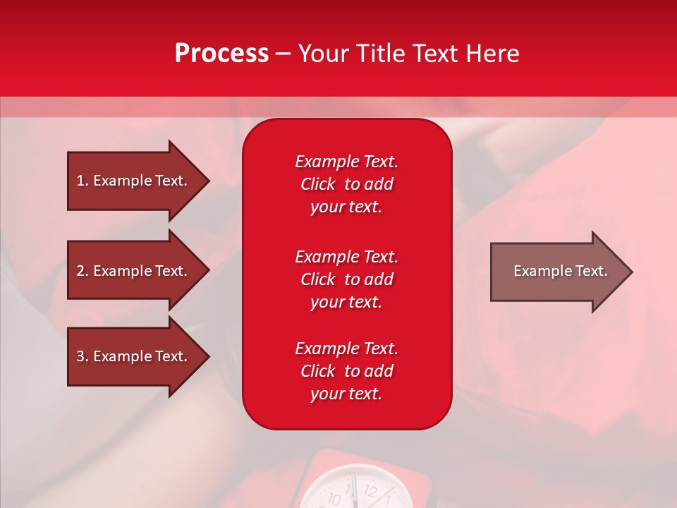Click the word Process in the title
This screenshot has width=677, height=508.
[221, 54]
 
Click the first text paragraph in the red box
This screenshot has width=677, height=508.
[346, 184]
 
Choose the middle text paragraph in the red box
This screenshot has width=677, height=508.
[346, 279]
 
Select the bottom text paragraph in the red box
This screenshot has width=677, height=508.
[346, 371]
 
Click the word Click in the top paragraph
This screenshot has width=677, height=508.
[317, 184]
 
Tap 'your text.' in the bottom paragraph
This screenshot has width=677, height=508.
[346, 394]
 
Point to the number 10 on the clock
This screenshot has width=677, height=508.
[335, 499]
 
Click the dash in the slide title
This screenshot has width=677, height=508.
[283, 54]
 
